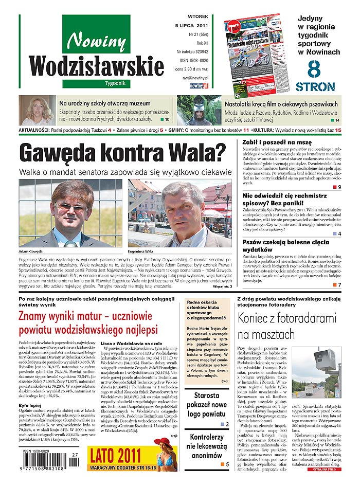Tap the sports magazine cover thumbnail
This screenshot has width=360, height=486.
[x=252, y=52]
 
